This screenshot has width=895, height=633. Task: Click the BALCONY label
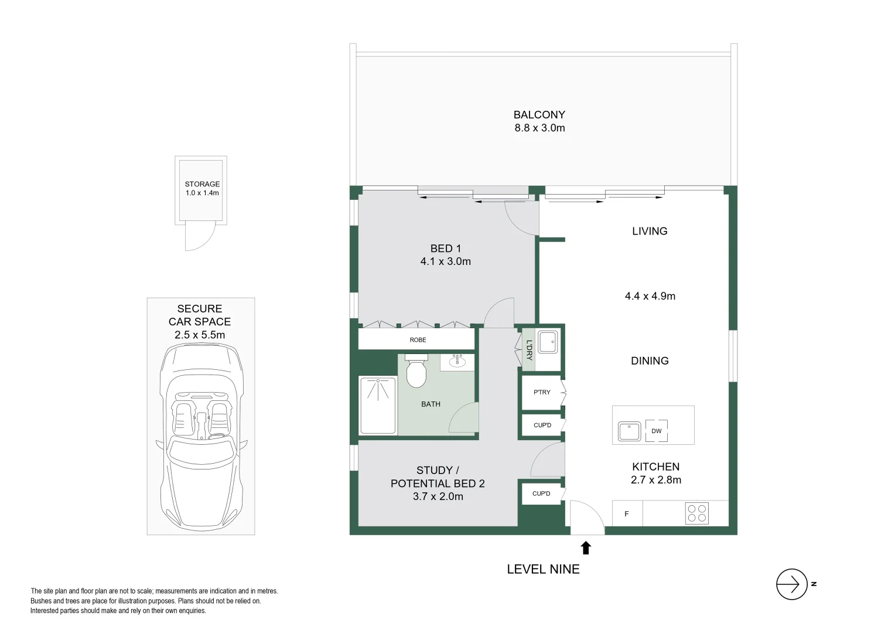[539, 115]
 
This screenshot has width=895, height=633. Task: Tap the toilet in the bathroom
[416, 370]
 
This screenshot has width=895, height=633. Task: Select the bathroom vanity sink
[457, 362]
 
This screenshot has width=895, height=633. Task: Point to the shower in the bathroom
[378, 406]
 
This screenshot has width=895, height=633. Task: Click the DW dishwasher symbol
[657, 431]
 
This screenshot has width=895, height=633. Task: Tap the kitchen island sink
[629, 431]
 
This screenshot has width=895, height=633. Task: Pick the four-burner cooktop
[697, 513]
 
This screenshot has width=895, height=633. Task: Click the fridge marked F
[627, 513]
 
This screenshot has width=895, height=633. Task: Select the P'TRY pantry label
[542, 392]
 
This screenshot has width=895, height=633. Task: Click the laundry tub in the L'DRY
[548, 342]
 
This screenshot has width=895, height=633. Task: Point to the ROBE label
[418, 340]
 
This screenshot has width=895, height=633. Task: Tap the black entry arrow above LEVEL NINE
[586, 548]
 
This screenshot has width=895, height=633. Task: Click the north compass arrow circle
[791, 584]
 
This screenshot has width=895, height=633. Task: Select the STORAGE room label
[202, 184]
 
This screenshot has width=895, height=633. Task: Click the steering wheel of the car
[216, 436]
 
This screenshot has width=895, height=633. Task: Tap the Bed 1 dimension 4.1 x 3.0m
[446, 261]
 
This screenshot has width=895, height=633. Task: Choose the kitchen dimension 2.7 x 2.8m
[656, 480]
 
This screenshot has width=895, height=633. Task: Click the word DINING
[650, 360]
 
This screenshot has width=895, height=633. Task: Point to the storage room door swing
[200, 236]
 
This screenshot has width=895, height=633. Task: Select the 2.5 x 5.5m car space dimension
[200, 335]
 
